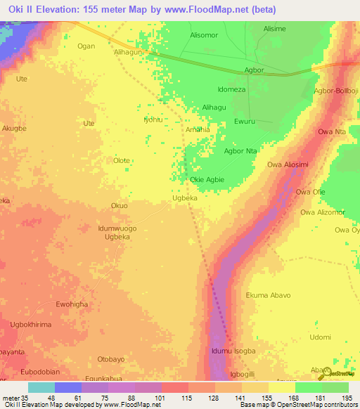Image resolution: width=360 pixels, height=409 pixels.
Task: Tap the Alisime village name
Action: pos(274,29)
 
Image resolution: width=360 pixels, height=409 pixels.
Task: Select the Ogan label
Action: pos(86,46)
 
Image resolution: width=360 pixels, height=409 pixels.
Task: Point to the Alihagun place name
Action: pos(129,51)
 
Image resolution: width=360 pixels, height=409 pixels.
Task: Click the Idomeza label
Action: pos(231,90)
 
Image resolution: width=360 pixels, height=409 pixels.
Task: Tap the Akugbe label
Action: pos(14,129)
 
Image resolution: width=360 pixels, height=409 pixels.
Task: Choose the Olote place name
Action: pos(122,160)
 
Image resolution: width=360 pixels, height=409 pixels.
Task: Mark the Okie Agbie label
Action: pos(207,180)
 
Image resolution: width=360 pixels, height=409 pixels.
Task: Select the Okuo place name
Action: pos(119,206)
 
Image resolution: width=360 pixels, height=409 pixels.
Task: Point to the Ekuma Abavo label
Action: pos(268,295)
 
